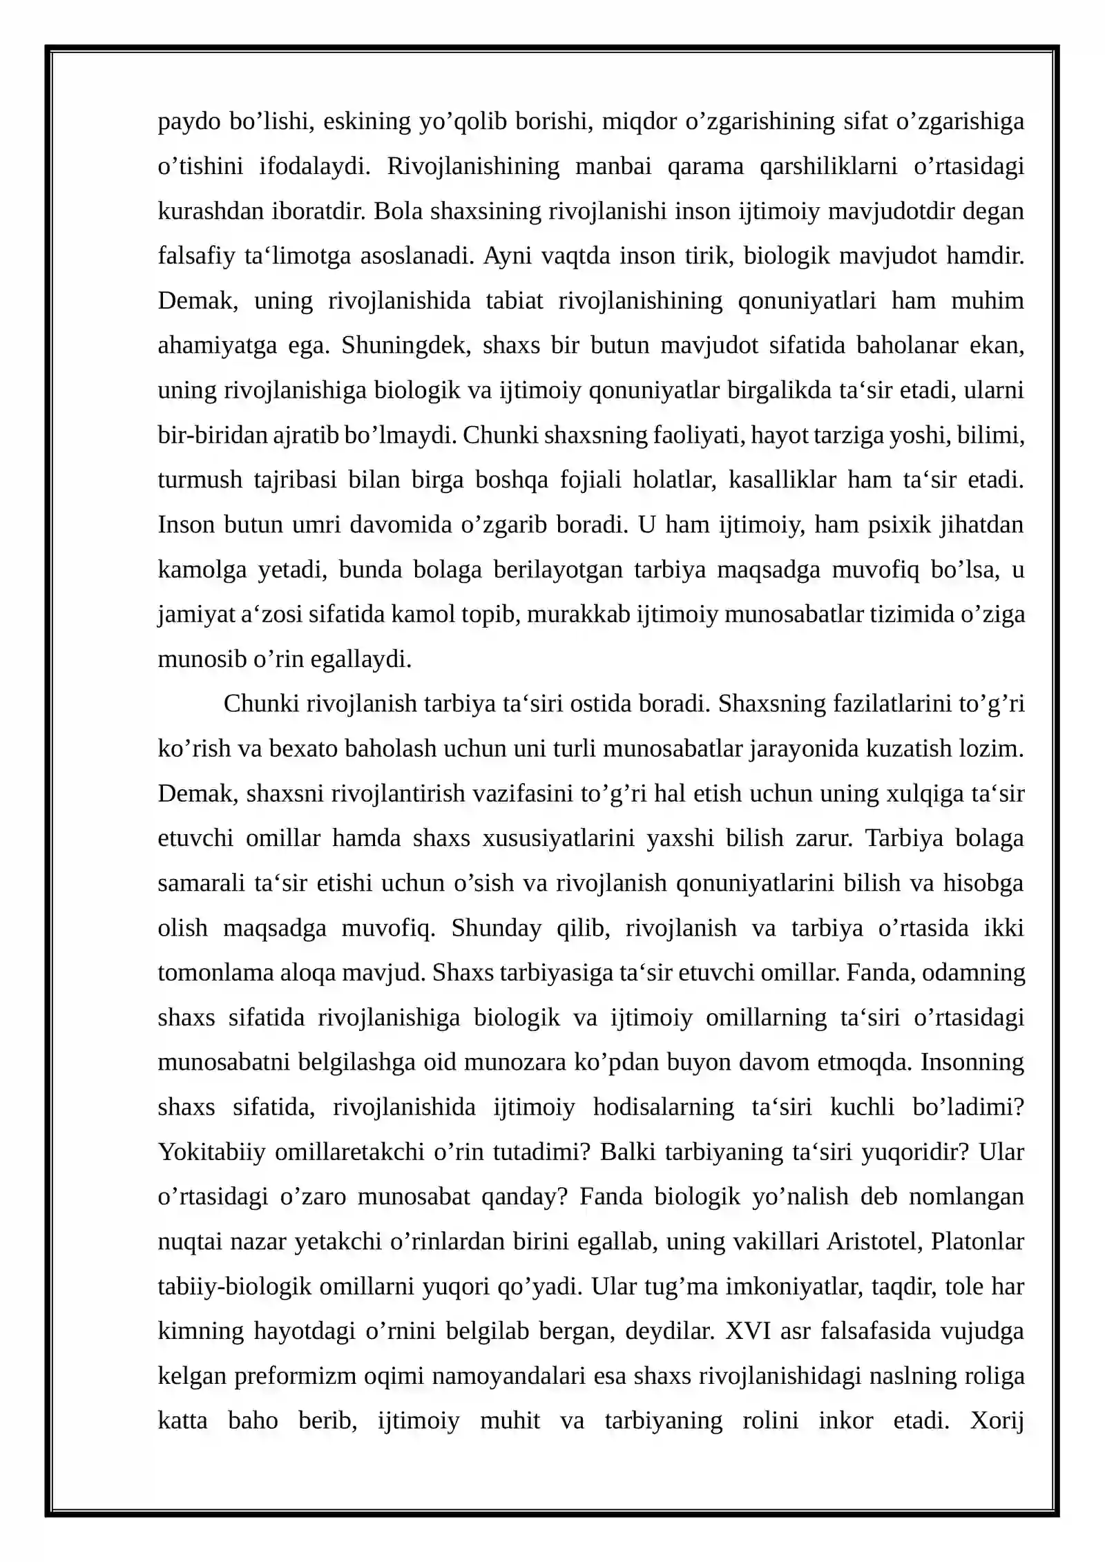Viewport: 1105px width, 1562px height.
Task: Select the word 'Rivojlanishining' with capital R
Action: click(473, 166)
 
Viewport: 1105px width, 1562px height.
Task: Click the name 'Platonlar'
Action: click(977, 1242)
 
